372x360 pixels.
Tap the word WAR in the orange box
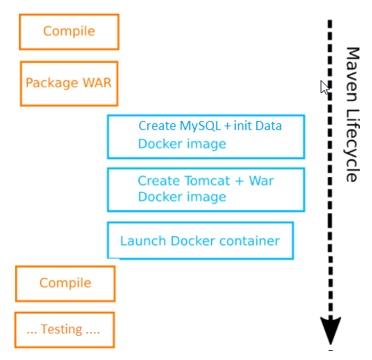(x=97, y=82)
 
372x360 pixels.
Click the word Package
(x=52, y=83)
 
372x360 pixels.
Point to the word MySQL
(x=200, y=126)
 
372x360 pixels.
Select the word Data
(x=268, y=126)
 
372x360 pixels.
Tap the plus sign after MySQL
(x=228, y=126)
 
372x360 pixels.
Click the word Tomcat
(x=207, y=181)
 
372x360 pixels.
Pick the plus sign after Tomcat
(x=240, y=181)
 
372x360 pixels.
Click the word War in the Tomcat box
(x=262, y=181)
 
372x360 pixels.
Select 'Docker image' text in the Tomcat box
(x=182, y=197)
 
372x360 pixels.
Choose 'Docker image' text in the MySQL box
(x=182, y=144)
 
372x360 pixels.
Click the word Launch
(x=143, y=241)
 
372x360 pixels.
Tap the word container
(x=250, y=241)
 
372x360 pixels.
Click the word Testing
(x=61, y=330)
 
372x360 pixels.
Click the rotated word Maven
(x=352, y=74)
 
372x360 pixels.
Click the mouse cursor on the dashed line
(x=324, y=87)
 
